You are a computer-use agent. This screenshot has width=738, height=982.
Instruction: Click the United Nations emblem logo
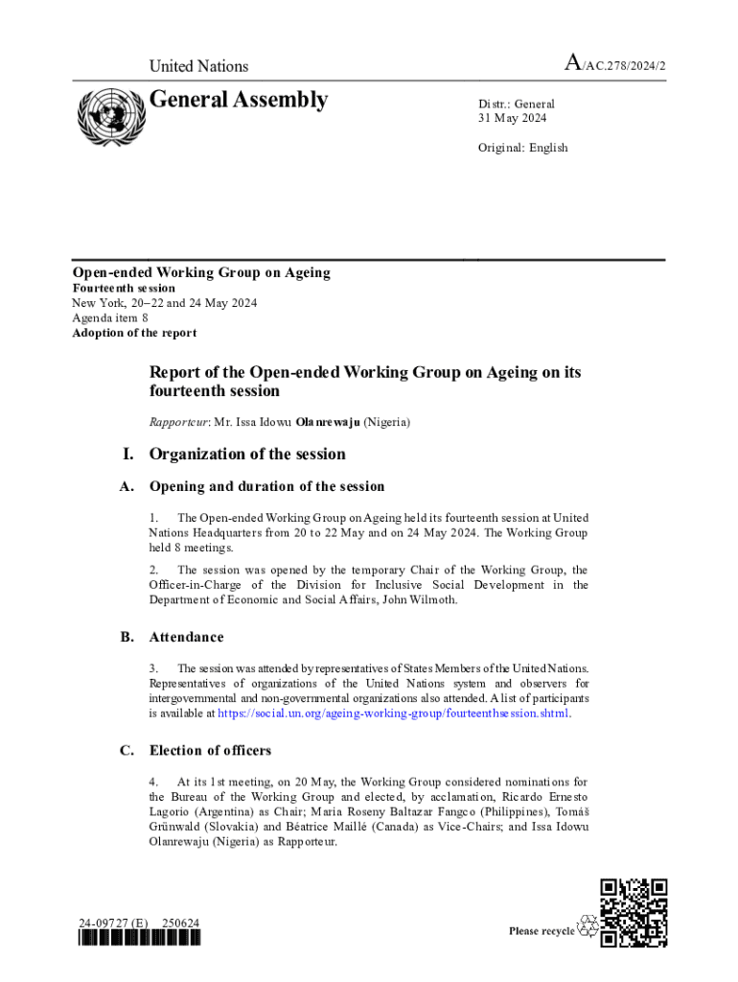pyautogui.click(x=108, y=116)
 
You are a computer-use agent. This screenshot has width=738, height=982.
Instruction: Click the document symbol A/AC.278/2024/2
pyautogui.click(x=614, y=64)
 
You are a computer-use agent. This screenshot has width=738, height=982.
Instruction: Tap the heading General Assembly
pyautogui.click(x=238, y=100)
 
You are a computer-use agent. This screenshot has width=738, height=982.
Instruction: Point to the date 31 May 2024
pyautogui.click(x=513, y=118)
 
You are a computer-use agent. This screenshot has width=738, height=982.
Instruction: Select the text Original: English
pyautogui.click(x=523, y=148)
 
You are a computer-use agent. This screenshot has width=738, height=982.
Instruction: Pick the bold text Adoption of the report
pyautogui.click(x=134, y=333)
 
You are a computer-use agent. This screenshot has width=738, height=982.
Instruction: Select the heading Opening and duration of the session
pyautogui.click(x=266, y=486)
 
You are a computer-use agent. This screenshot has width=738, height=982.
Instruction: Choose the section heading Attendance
pyautogui.click(x=186, y=637)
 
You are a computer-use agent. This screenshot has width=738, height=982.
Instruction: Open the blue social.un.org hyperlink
pyautogui.click(x=394, y=713)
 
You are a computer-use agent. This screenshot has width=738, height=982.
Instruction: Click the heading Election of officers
pyautogui.click(x=210, y=751)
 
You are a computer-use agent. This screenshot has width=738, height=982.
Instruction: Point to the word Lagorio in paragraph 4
pyautogui.click(x=170, y=813)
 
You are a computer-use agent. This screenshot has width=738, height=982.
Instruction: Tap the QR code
pyautogui.click(x=633, y=912)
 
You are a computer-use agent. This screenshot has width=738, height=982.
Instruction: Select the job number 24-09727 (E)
pyautogui.click(x=113, y=924)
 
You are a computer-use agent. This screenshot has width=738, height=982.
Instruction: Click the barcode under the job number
pyautogui.click(x=140, y=939)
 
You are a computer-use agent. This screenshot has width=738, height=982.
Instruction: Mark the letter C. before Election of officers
pyautogui.click(x=127, y=751)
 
